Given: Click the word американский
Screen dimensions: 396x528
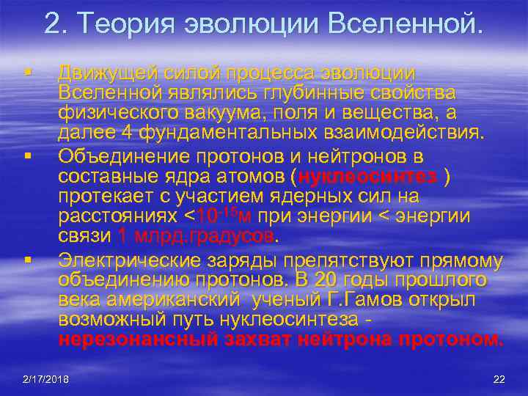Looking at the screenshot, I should [169, 300].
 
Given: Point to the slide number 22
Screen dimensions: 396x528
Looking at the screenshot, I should [499, 378].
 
